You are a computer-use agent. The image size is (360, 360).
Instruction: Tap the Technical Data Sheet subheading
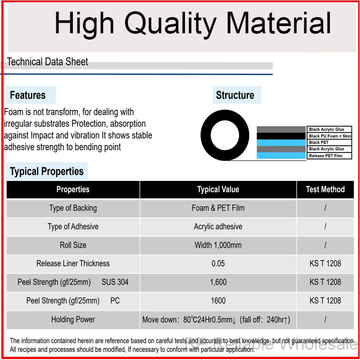(47, 62)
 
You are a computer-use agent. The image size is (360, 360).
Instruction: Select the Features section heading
(28, 95)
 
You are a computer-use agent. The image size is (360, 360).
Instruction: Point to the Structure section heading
(235, 95)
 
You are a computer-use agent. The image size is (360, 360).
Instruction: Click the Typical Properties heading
(47, 171)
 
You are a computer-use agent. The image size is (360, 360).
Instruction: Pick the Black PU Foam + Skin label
(330, 136)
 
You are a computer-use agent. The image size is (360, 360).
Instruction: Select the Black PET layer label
(319, 142)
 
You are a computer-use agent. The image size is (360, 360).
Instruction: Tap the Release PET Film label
(325, 156)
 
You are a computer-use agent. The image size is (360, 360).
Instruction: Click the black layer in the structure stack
(281, 136)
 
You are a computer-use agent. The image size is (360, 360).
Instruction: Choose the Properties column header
(73, 189)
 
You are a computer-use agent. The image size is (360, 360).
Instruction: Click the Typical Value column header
(218, 189)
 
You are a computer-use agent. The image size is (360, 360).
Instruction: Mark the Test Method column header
(325, 189)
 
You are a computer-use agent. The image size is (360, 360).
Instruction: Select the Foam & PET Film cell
(218, 208)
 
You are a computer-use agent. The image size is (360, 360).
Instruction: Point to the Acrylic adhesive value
(218, 227)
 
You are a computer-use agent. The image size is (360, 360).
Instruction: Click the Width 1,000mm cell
(218, 245)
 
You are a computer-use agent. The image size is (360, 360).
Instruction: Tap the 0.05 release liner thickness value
(218, 264)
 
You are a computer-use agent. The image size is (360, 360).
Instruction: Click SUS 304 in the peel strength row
(115, 282)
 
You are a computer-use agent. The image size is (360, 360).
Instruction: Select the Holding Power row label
(73, 319)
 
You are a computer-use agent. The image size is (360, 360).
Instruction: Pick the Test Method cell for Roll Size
(325, 245)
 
